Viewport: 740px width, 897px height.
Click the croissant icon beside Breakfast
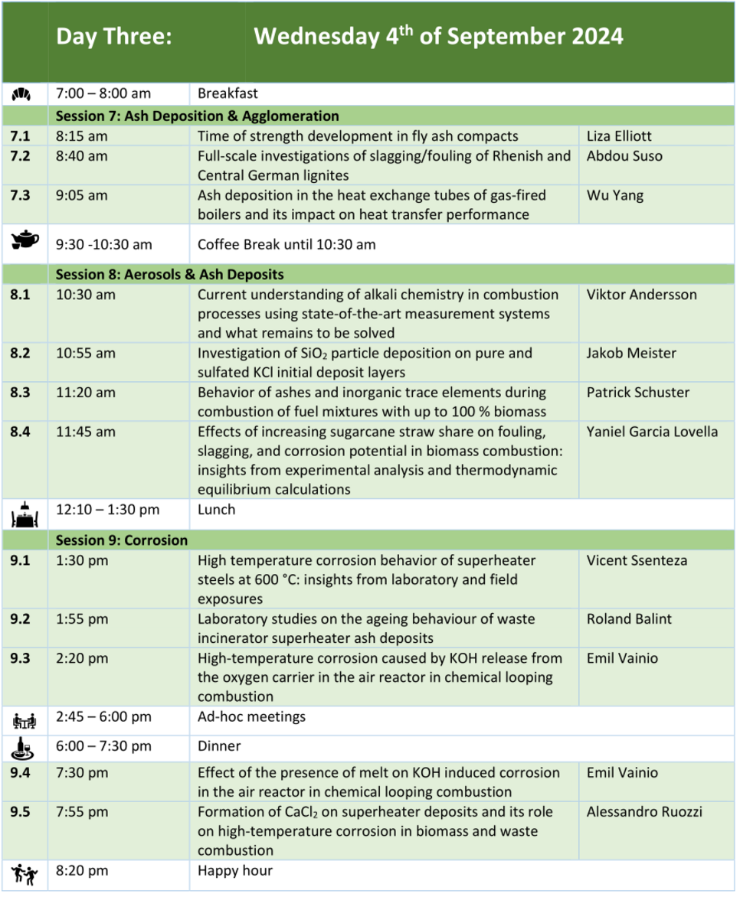(23, 94)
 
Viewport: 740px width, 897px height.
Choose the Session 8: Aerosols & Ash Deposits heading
(169, 274)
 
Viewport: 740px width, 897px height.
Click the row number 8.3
(21, 393)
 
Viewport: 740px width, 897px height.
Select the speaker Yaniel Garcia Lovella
(652, 432)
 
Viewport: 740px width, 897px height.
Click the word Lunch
(216, 509)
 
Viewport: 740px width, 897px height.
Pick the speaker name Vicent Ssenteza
(637, 560)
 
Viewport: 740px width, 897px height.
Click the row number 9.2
(21, 618)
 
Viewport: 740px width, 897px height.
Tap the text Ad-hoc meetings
(251, 716)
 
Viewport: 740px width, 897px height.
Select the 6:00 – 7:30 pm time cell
(103, 745)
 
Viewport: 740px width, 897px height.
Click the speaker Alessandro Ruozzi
(644, 811)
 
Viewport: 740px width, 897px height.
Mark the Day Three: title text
(114, 37)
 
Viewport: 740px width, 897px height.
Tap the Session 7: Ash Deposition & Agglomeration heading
(197, 116)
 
